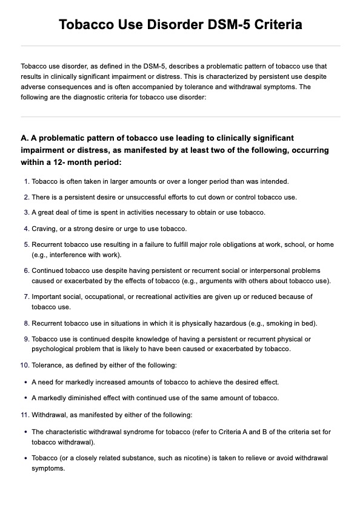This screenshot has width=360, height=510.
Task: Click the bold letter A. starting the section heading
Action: click(25, 138)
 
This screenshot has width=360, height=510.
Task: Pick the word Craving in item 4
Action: click(43, 229)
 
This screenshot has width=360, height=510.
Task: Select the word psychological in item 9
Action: click(53, 349)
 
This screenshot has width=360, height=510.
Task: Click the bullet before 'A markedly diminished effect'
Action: click(24, 398)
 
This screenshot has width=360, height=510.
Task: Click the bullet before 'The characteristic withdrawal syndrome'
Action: click(24, 432)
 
